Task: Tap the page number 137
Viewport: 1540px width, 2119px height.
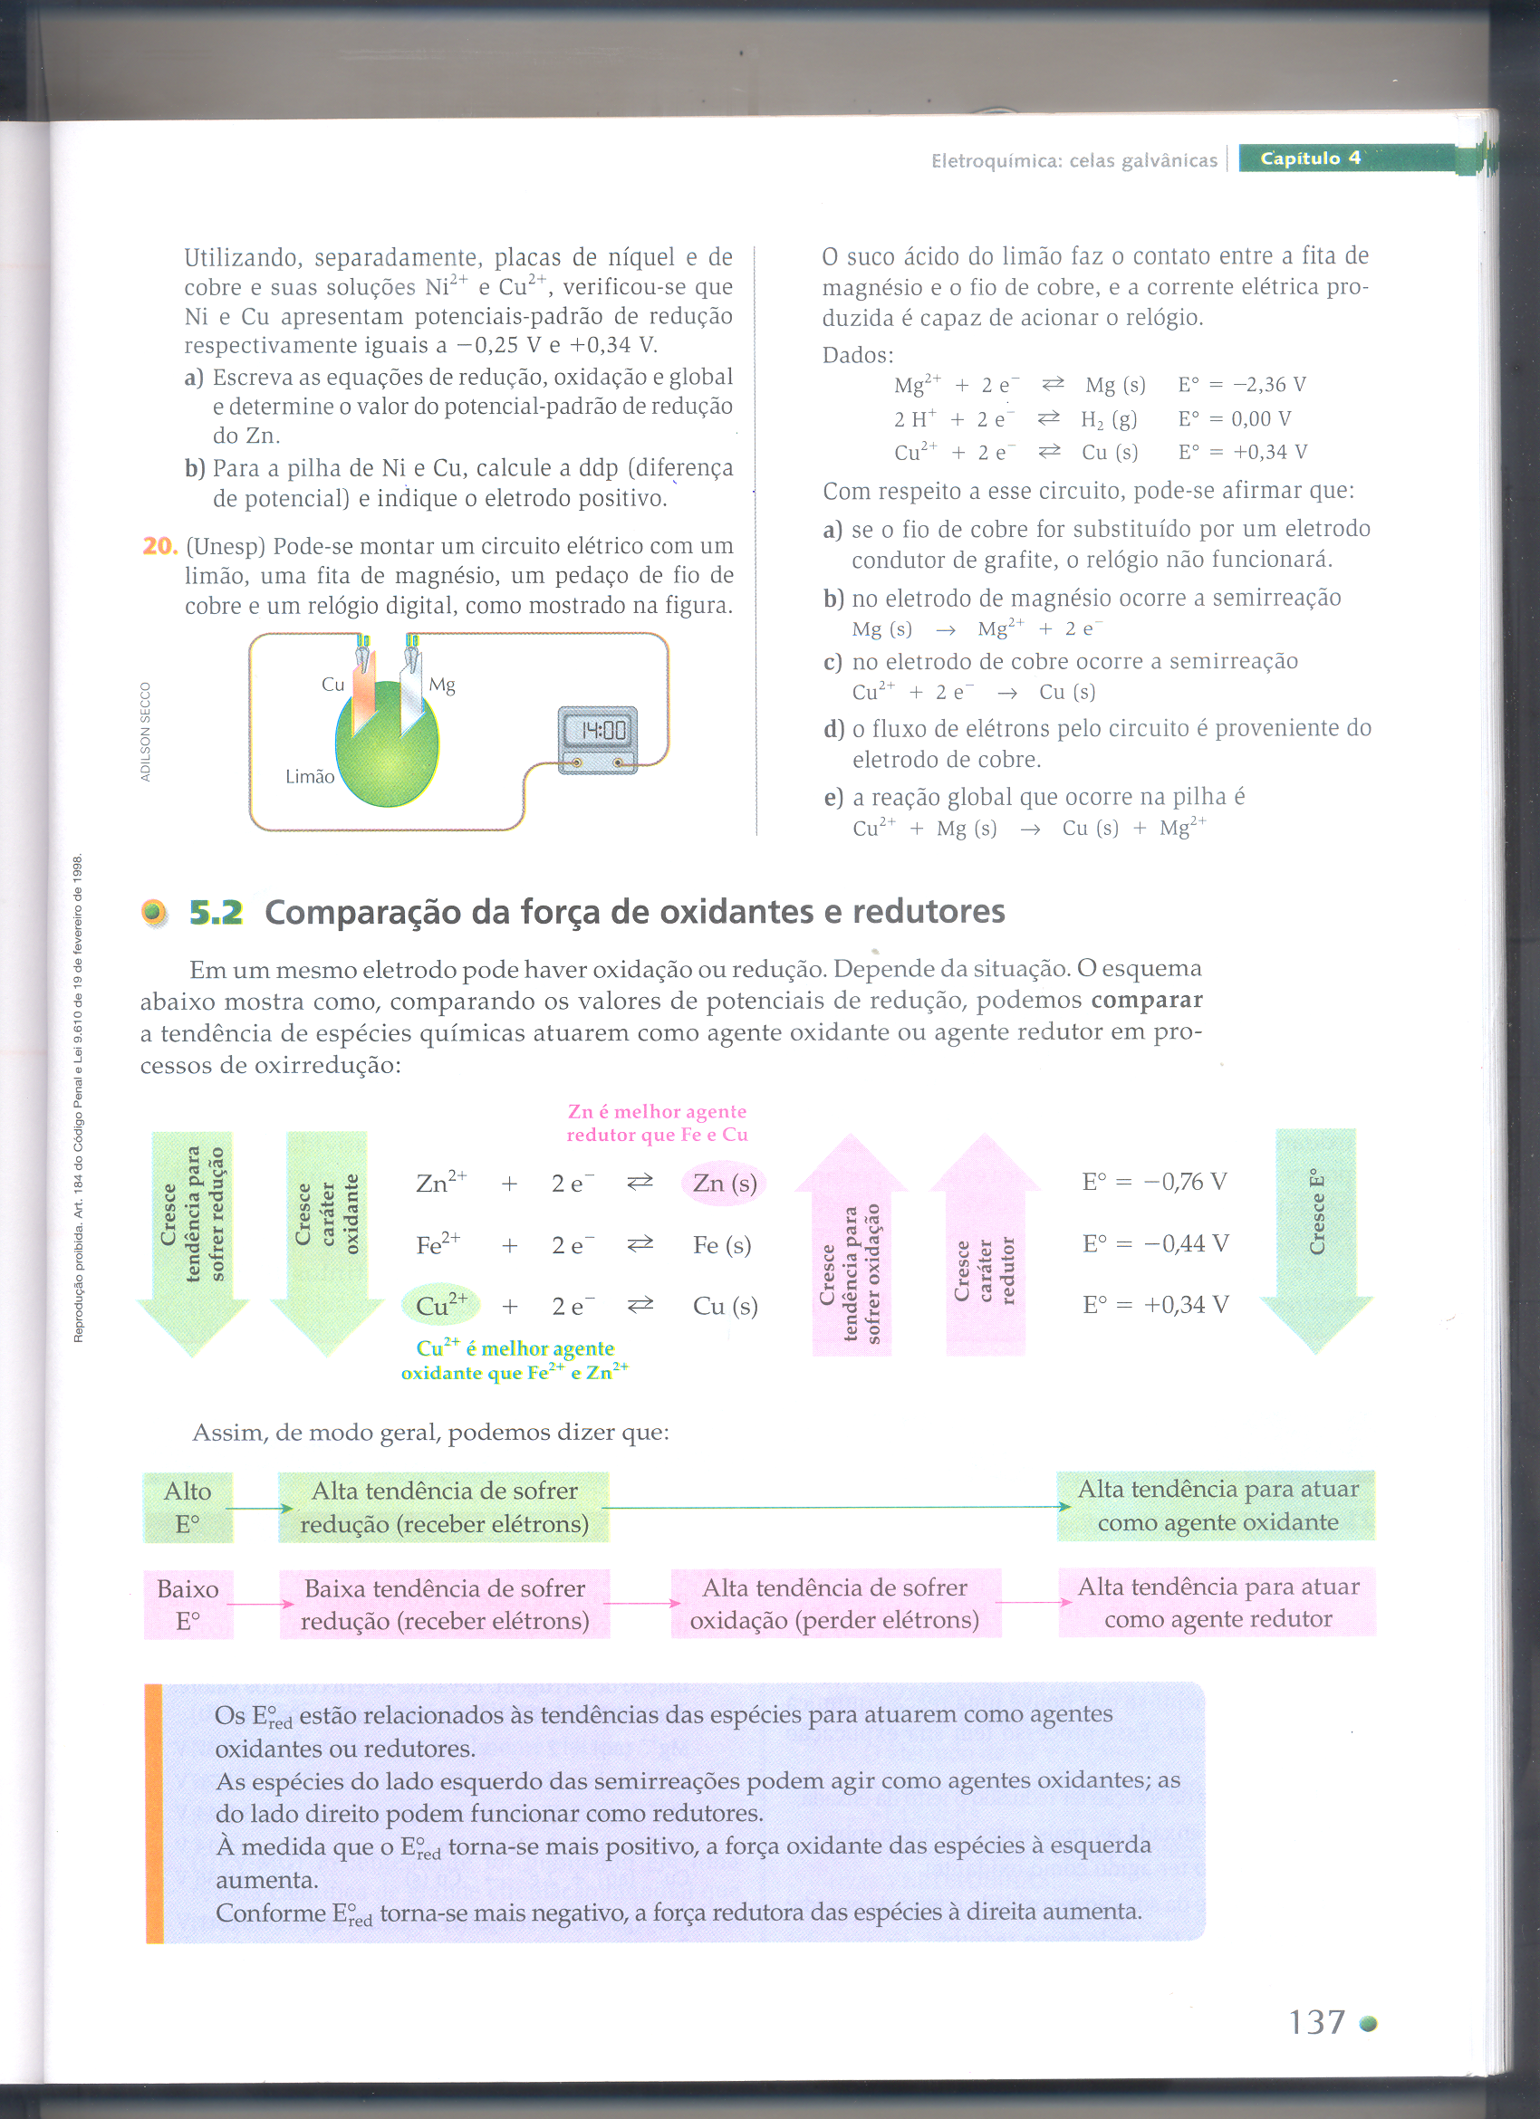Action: pyautogui.click(x=1316, y=2022)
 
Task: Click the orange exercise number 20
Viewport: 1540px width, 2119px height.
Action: pyautogui.click(x=159, y=546)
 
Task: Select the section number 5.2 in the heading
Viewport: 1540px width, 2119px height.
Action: pyautogui.click(x=216, y=912)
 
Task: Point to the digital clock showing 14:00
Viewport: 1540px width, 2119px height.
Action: pyautogui.click(x=598, y=738)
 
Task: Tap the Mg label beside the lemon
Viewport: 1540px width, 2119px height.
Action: pyautogui.click(x=442, y=685)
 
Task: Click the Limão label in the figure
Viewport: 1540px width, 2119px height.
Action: pyautogui.click(x=309, y=776)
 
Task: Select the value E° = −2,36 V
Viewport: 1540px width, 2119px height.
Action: pyautogui.click(x=1242, y=385)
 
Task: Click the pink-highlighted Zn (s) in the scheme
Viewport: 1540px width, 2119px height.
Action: pyautogui.click(x=724, y=1184)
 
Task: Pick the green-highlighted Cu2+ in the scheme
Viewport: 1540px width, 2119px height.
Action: pyautogui.click(x=441, y=1305)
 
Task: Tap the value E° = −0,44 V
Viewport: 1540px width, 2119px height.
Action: pyautogui.click(x=1155, y=1243)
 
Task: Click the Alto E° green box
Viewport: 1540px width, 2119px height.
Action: pyautogui.click(x=188, y=1507)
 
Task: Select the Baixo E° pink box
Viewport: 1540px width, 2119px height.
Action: pyautogui.click(x=188, y=1605)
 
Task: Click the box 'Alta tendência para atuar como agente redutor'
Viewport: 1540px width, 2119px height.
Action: pyautogui.click(x=1218, y=1602)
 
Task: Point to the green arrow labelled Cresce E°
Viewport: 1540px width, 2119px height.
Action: pyautogui.click(x=1315, y=1233)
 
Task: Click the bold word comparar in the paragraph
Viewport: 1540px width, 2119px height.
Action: pyautogui.click(x=1146, y=1000)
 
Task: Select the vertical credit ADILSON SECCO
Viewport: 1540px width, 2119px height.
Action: pyautogui.click(x=145, y=732)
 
